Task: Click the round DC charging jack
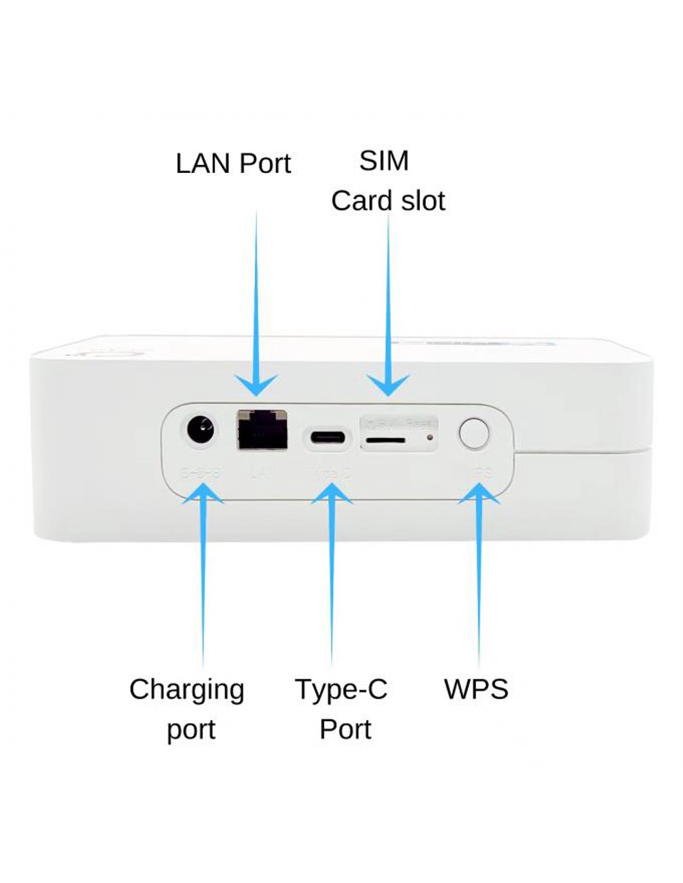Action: click(201, 430)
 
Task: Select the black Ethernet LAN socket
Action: click(262, 430)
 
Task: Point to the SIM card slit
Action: click(384, 440)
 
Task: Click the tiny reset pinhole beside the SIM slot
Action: click(429, 437)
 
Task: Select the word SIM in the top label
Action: click(384, 161)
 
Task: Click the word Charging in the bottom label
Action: click(187, 690)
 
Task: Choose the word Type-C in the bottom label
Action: click(341, 689)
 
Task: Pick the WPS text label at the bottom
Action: click(476, 689)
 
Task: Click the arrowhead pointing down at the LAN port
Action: click(256, 385)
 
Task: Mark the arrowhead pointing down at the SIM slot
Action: click(389, 385)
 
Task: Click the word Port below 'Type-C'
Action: click(345, 729)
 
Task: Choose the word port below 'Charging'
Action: click(191, 731)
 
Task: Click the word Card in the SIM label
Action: click(356, 201)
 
